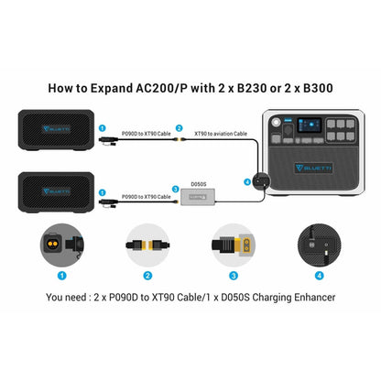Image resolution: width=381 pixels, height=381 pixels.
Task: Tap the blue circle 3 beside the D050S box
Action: tap(176, 190)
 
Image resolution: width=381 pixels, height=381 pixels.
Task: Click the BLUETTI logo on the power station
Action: tap(309, 169)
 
